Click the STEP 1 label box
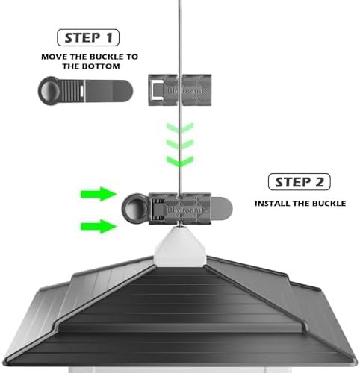[x=88, y=37]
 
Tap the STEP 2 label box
[x=300, y=182]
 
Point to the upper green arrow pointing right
[x=99, y=194]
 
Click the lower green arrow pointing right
[x=99, y=226]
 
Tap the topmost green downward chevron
[x=180, y=128]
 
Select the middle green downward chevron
[x=180, y=144]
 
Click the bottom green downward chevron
[x=180, y=161]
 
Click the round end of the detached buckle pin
[x=50, y=91]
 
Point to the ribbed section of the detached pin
[x=72, y=91]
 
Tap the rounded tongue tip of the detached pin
[x=122, y=91]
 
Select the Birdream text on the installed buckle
[x=185, y=210]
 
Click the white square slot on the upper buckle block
[x=157, y=90]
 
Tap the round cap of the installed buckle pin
[x=134, y=208]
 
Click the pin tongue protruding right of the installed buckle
[x=222, y=208]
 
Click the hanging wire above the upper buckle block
[x=180, y=37]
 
